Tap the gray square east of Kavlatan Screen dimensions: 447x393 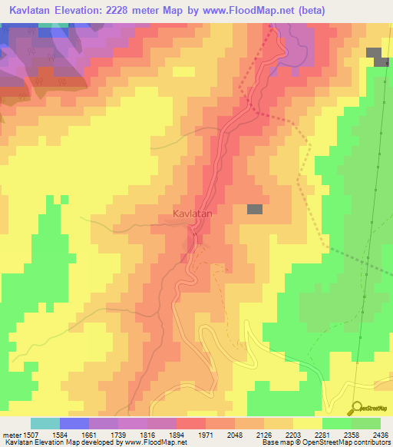click(x=254, y=209)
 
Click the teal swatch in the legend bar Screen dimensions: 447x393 click(x=45, y=423)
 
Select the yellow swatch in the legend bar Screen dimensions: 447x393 click(x=308, y=423)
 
